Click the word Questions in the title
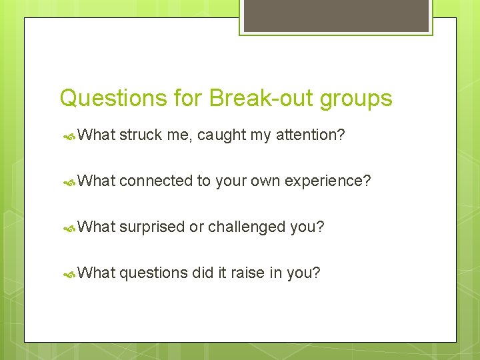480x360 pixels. coord(113,99)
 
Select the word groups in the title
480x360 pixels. coord(356,99)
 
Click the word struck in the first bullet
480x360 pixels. coord(141,135)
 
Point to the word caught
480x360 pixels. coord(221,135)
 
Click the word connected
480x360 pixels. coord(156,181)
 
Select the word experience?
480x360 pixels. coord(327,181)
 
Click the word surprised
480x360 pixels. coord(152,227)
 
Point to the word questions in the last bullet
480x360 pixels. coord(153,273)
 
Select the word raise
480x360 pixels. coord(247,273)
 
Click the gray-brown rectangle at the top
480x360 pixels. coord(337,15)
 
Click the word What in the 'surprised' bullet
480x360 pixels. coord(97,227)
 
